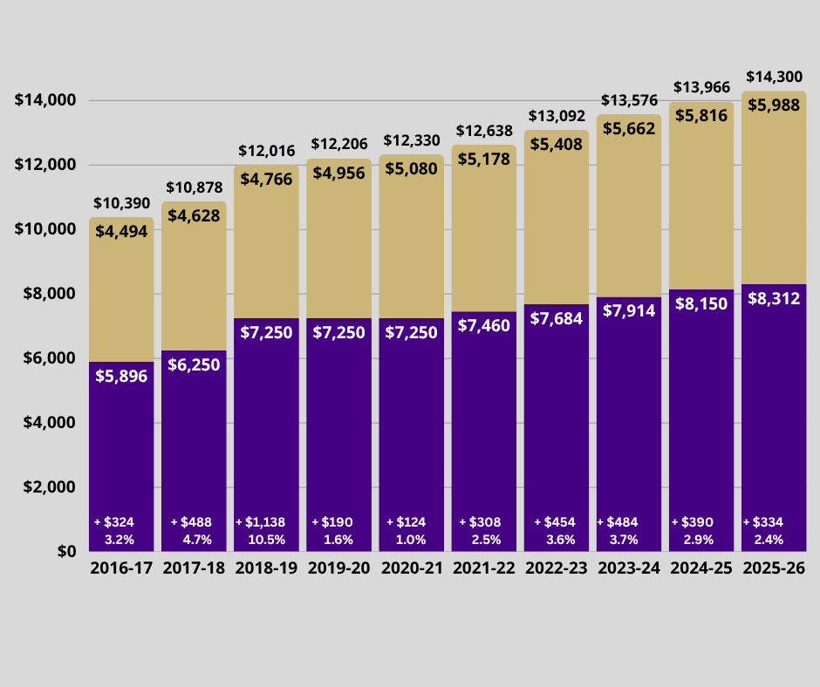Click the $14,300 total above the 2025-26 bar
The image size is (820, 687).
[x=774, y=77]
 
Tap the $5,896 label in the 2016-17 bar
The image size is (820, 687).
[x=121, y=376]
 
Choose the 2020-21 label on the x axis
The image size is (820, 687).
[x=411, y=568]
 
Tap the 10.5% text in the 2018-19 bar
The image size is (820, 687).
[x=266, y=539]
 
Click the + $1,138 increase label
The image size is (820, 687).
[x=265, y=522]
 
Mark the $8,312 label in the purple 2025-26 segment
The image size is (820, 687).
[x=774, y=298]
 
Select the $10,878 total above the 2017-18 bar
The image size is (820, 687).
[x=194, y=187]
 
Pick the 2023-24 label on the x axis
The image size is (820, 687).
[x=628, y=568]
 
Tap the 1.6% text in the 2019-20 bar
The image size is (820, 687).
[x=338, y=539]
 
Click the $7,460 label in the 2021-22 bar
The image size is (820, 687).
[x=483, y=326]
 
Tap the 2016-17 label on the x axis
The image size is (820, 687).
[x=121, y=568]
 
